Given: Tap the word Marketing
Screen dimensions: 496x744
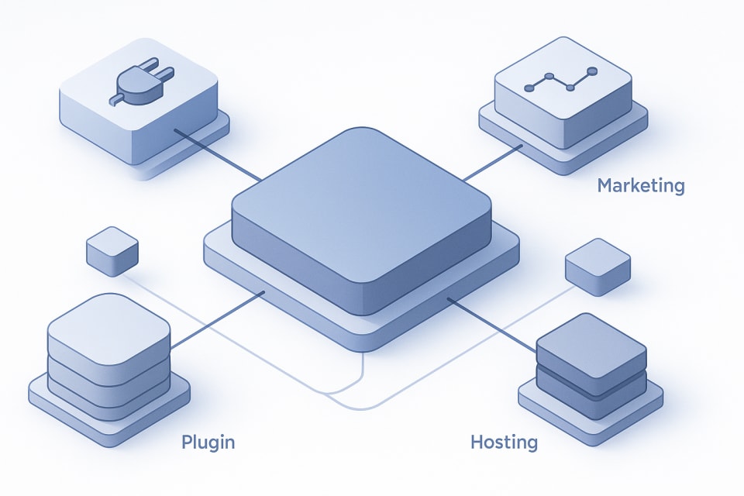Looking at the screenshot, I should point(641,186).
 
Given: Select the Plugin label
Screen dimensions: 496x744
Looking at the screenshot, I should point(208,443).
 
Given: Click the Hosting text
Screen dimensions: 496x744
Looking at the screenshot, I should point(504,443).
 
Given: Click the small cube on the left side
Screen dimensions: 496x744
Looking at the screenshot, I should point(112,250).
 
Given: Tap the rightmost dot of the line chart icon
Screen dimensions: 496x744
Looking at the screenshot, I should point(593,71).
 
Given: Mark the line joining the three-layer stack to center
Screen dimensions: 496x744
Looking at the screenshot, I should point(217,319).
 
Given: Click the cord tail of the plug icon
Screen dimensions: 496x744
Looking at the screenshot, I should point(115,99).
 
